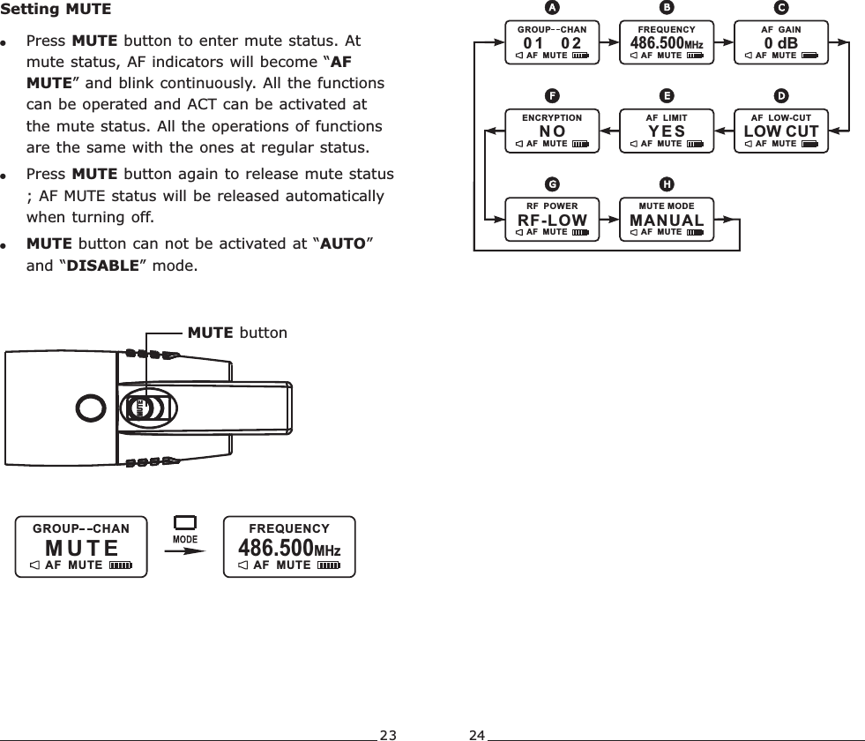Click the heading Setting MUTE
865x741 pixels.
pos(56,11)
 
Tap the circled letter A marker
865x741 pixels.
pos(552,8)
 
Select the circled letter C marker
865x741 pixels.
pos(780,8)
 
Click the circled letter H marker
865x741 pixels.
pos(667,183)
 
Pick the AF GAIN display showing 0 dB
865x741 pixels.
pos(780,42)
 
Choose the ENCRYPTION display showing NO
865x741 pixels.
pos(552,131)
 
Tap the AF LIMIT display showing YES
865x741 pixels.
pos(667,131)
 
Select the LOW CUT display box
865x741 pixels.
pos(780,131)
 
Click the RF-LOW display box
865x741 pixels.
pos(552,220)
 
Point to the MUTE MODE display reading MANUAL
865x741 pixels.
pos(667,220)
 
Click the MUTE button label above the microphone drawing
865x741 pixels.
pos(237,333)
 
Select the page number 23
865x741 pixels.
pos(388,734)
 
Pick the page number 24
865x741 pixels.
pos(477,734)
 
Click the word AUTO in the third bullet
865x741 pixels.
pos(342,243)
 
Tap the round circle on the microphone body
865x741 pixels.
pos(90,408)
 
